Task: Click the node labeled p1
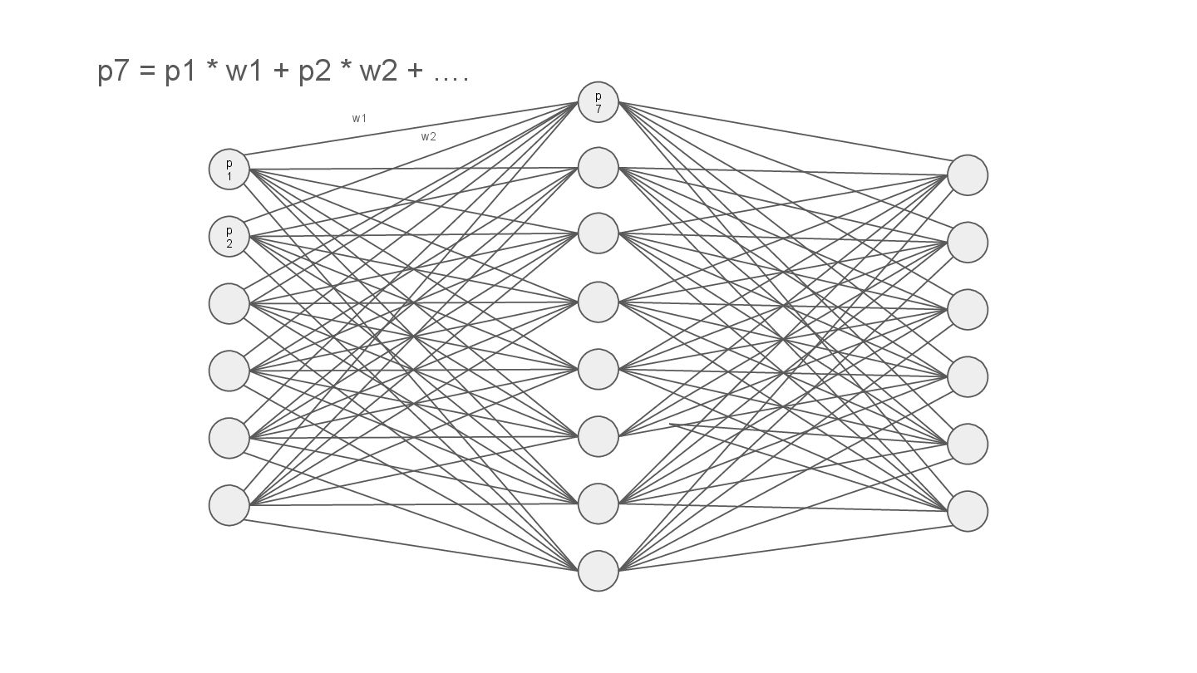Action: pos(229,169)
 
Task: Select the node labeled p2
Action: pos(229,237)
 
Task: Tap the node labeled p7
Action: pos(598,102)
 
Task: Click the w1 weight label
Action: pos(359,118)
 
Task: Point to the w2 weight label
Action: pos(428,137)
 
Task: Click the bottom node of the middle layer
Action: pos(598,571)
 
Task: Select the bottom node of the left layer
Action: pos(229,505)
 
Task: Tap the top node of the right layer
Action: pos(968,175)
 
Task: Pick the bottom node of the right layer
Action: pos(968,511)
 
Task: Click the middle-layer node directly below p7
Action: pos(598,168)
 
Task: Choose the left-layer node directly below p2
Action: pos(229,304)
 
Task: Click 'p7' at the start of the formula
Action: pos(114,72)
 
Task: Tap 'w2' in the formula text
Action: pos(378,72)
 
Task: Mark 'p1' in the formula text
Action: pos(180,72)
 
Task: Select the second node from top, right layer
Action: pos(968,243)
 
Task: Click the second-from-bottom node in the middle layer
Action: pos(598,504)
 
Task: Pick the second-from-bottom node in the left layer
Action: pos(229,438)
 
